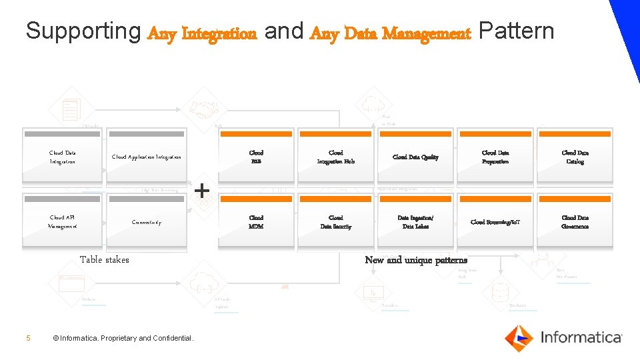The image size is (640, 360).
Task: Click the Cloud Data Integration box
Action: point(62,157)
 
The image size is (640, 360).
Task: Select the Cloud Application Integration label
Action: point(146,157)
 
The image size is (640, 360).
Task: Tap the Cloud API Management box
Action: point(62,222)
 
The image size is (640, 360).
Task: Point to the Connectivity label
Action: point(146,222)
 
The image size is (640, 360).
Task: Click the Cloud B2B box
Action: point(256,157)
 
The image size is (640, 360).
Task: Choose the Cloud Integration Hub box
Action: point(335,157)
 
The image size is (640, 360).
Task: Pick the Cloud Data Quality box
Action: point(415,157)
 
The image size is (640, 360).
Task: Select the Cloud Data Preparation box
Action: point(495,157)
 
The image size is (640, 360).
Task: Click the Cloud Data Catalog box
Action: point(575,157)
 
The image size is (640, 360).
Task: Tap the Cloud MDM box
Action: point(256,222)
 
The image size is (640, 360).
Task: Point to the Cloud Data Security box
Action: point(335,222)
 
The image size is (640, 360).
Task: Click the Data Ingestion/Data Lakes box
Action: point(415,222)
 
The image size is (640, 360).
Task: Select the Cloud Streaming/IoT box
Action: point(495,222)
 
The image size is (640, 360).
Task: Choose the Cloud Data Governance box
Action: point(575,222)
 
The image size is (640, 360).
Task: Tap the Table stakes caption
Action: point(104,260)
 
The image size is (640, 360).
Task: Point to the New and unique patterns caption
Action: point(415,260)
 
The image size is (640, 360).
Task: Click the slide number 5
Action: point(28,338)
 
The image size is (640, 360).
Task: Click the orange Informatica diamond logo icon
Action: point(519,337)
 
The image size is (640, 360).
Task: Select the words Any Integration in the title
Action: point(202,33)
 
